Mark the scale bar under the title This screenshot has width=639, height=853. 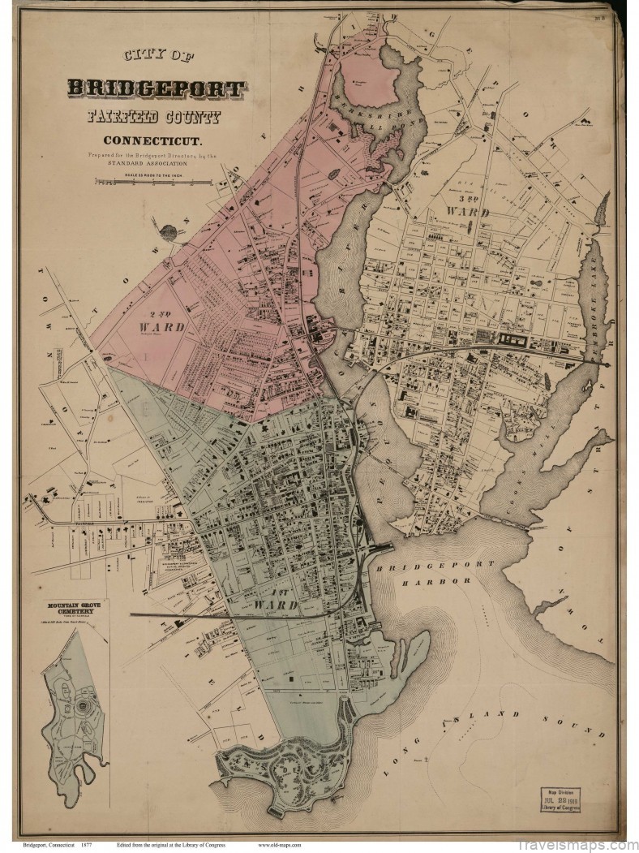click(x=153, y=183)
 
